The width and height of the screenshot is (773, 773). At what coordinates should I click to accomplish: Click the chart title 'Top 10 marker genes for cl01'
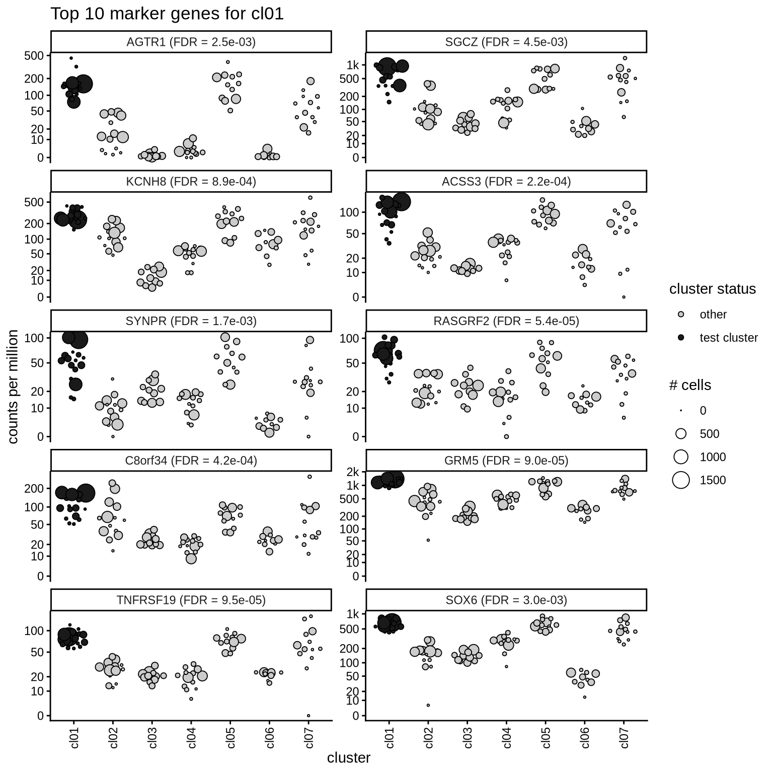pos(167,14)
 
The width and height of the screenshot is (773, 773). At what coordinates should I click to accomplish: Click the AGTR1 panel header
pos(191,42)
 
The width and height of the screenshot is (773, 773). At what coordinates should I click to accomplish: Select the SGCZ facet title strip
pos(506,42)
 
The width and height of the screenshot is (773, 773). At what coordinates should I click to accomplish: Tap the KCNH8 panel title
pos(191,182)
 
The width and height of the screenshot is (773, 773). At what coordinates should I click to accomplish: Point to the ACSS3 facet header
pos(506,182)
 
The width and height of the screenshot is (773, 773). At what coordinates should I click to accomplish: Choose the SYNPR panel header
pos(191,321)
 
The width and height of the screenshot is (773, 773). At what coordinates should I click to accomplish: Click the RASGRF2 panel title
pos(506,321)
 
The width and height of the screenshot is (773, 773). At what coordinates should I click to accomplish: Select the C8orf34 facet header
pos(191,460)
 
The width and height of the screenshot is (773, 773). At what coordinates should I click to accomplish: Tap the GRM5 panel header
pos(506,460)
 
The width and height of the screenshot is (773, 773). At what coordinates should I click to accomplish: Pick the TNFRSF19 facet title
pos(191,600)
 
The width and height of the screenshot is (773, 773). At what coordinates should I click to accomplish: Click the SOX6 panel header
pos(506,600)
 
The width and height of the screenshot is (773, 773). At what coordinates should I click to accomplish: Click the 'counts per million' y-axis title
pos(14,386)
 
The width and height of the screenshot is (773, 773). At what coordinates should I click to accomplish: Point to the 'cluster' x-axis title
pos(348,758)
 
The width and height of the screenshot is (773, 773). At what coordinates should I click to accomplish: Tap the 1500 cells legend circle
pos(681,480)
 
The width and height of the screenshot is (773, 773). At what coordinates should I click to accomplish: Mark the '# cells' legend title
pos(690,385)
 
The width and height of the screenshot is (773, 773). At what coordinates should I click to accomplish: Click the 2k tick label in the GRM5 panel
pos(353,472)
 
